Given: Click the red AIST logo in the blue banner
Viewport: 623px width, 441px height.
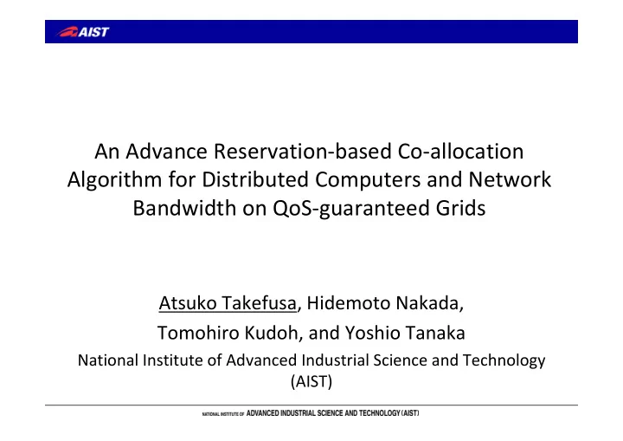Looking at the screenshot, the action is click(x=83, y=32).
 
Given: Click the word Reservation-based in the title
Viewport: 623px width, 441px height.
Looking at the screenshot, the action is click(x=303, y=152).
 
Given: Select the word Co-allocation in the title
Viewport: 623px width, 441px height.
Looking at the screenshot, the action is click(x=460, y=152).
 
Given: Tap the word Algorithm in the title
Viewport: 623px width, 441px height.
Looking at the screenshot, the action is click(x=114, y=180).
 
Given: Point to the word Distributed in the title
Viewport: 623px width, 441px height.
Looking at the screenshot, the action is click(x=255, y=179).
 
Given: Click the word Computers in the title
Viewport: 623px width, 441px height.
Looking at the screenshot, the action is click(x=368, y=180).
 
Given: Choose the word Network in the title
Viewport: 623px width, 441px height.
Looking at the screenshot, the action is click(x=510, y=179).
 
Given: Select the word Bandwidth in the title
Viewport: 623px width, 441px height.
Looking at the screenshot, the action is click(x=184, y=208).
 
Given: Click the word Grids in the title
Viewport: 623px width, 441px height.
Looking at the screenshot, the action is click(x=460, y=208).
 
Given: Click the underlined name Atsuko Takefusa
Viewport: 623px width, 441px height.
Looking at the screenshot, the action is click(x=228, y=303).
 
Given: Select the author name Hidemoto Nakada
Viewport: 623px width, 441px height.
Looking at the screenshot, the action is click(x=384, y=303).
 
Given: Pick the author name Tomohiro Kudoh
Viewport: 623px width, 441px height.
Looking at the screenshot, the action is click(x=228, y=334).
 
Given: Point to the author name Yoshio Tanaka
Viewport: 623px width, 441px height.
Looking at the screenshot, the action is click(x=405, y=334).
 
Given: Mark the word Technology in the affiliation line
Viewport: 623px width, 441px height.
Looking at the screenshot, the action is click(x=504, y=361).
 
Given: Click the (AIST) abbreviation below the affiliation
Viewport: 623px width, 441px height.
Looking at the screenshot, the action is click(x=311, y=382).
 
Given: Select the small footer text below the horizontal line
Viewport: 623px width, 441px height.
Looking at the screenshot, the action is click(x=311, y=413).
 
